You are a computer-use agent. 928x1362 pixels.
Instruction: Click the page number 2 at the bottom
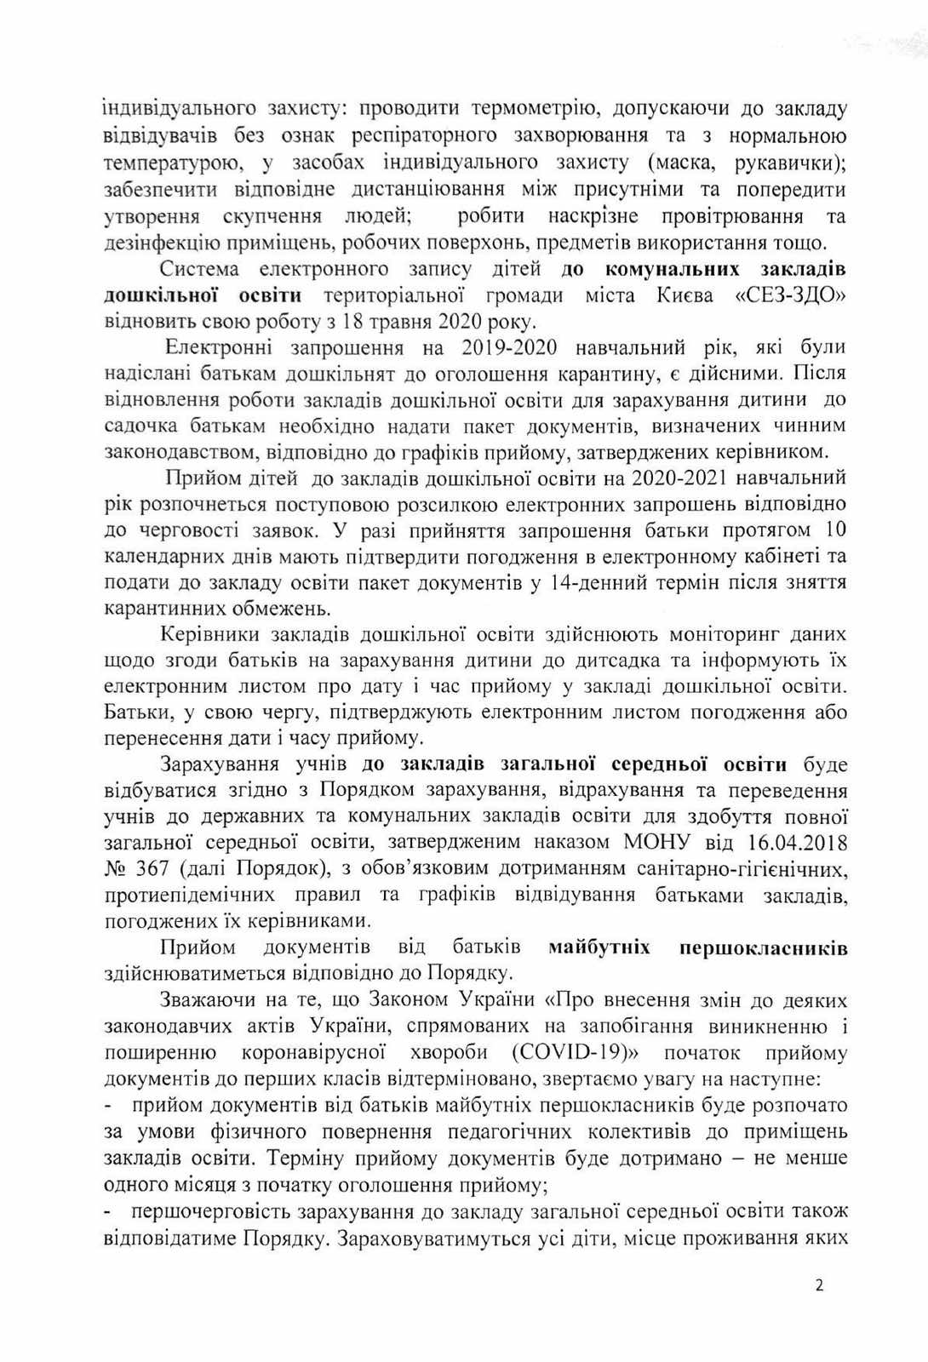coord(819,1286)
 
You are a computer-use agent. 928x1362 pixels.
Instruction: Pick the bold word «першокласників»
coord(763,947)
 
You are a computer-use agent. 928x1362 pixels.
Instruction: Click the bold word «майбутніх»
coord(599,947)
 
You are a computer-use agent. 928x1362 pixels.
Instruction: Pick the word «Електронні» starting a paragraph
coord(220,347)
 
